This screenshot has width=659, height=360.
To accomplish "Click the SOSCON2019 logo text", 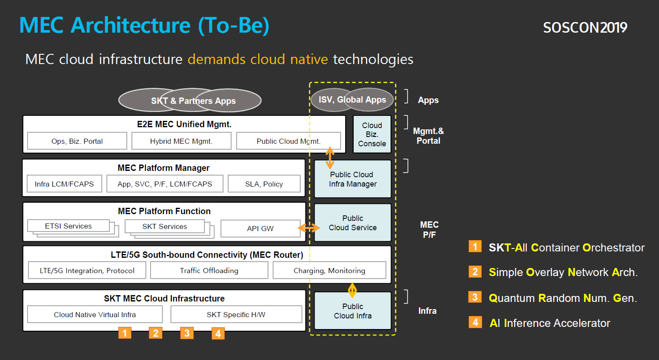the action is point(585,28).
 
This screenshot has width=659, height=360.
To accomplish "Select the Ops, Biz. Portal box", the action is point(77,141).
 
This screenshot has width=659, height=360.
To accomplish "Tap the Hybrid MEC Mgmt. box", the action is point(181,141).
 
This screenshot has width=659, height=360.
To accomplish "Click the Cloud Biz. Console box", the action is point(372,134).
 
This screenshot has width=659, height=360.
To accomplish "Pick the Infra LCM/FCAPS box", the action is point(64,184).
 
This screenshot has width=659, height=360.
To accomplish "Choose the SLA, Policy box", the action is point(264,184).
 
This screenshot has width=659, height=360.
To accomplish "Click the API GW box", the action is point(260,229).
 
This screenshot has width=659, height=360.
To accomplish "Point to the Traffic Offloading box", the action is point(209,270).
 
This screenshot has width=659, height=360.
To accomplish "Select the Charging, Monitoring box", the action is point(329,270).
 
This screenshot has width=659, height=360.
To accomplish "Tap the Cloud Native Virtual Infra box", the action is point(95,314).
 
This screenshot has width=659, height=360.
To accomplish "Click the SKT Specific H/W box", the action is point(236,314).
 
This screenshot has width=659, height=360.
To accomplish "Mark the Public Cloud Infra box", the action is point(353,311).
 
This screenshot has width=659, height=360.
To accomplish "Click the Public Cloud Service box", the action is point(353,223).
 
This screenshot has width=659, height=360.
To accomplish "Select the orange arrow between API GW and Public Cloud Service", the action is point(309,228).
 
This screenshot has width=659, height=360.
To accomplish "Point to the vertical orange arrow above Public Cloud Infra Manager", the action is point(330,158).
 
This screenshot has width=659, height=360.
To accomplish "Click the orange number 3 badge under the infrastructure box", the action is point(187,333).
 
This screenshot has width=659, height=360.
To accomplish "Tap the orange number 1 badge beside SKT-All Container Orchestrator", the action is point(475,246).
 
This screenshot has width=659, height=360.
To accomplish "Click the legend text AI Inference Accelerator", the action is point(550,323).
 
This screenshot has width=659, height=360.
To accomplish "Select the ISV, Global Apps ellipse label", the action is point(352,100).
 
